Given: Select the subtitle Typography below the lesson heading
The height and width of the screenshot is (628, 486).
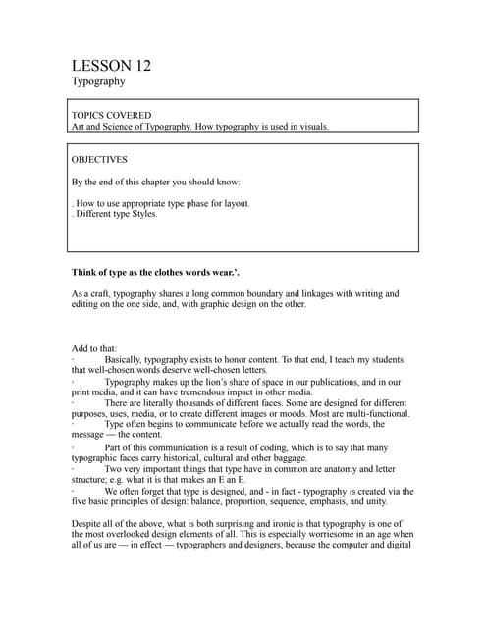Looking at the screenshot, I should (x=98, y=82).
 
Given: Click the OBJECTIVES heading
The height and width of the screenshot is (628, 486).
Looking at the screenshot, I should (x=99, y=158).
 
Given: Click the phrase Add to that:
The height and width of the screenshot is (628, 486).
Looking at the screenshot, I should (x=94, y=348).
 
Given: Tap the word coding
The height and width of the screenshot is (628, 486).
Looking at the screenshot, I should (x=273, y=446).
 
